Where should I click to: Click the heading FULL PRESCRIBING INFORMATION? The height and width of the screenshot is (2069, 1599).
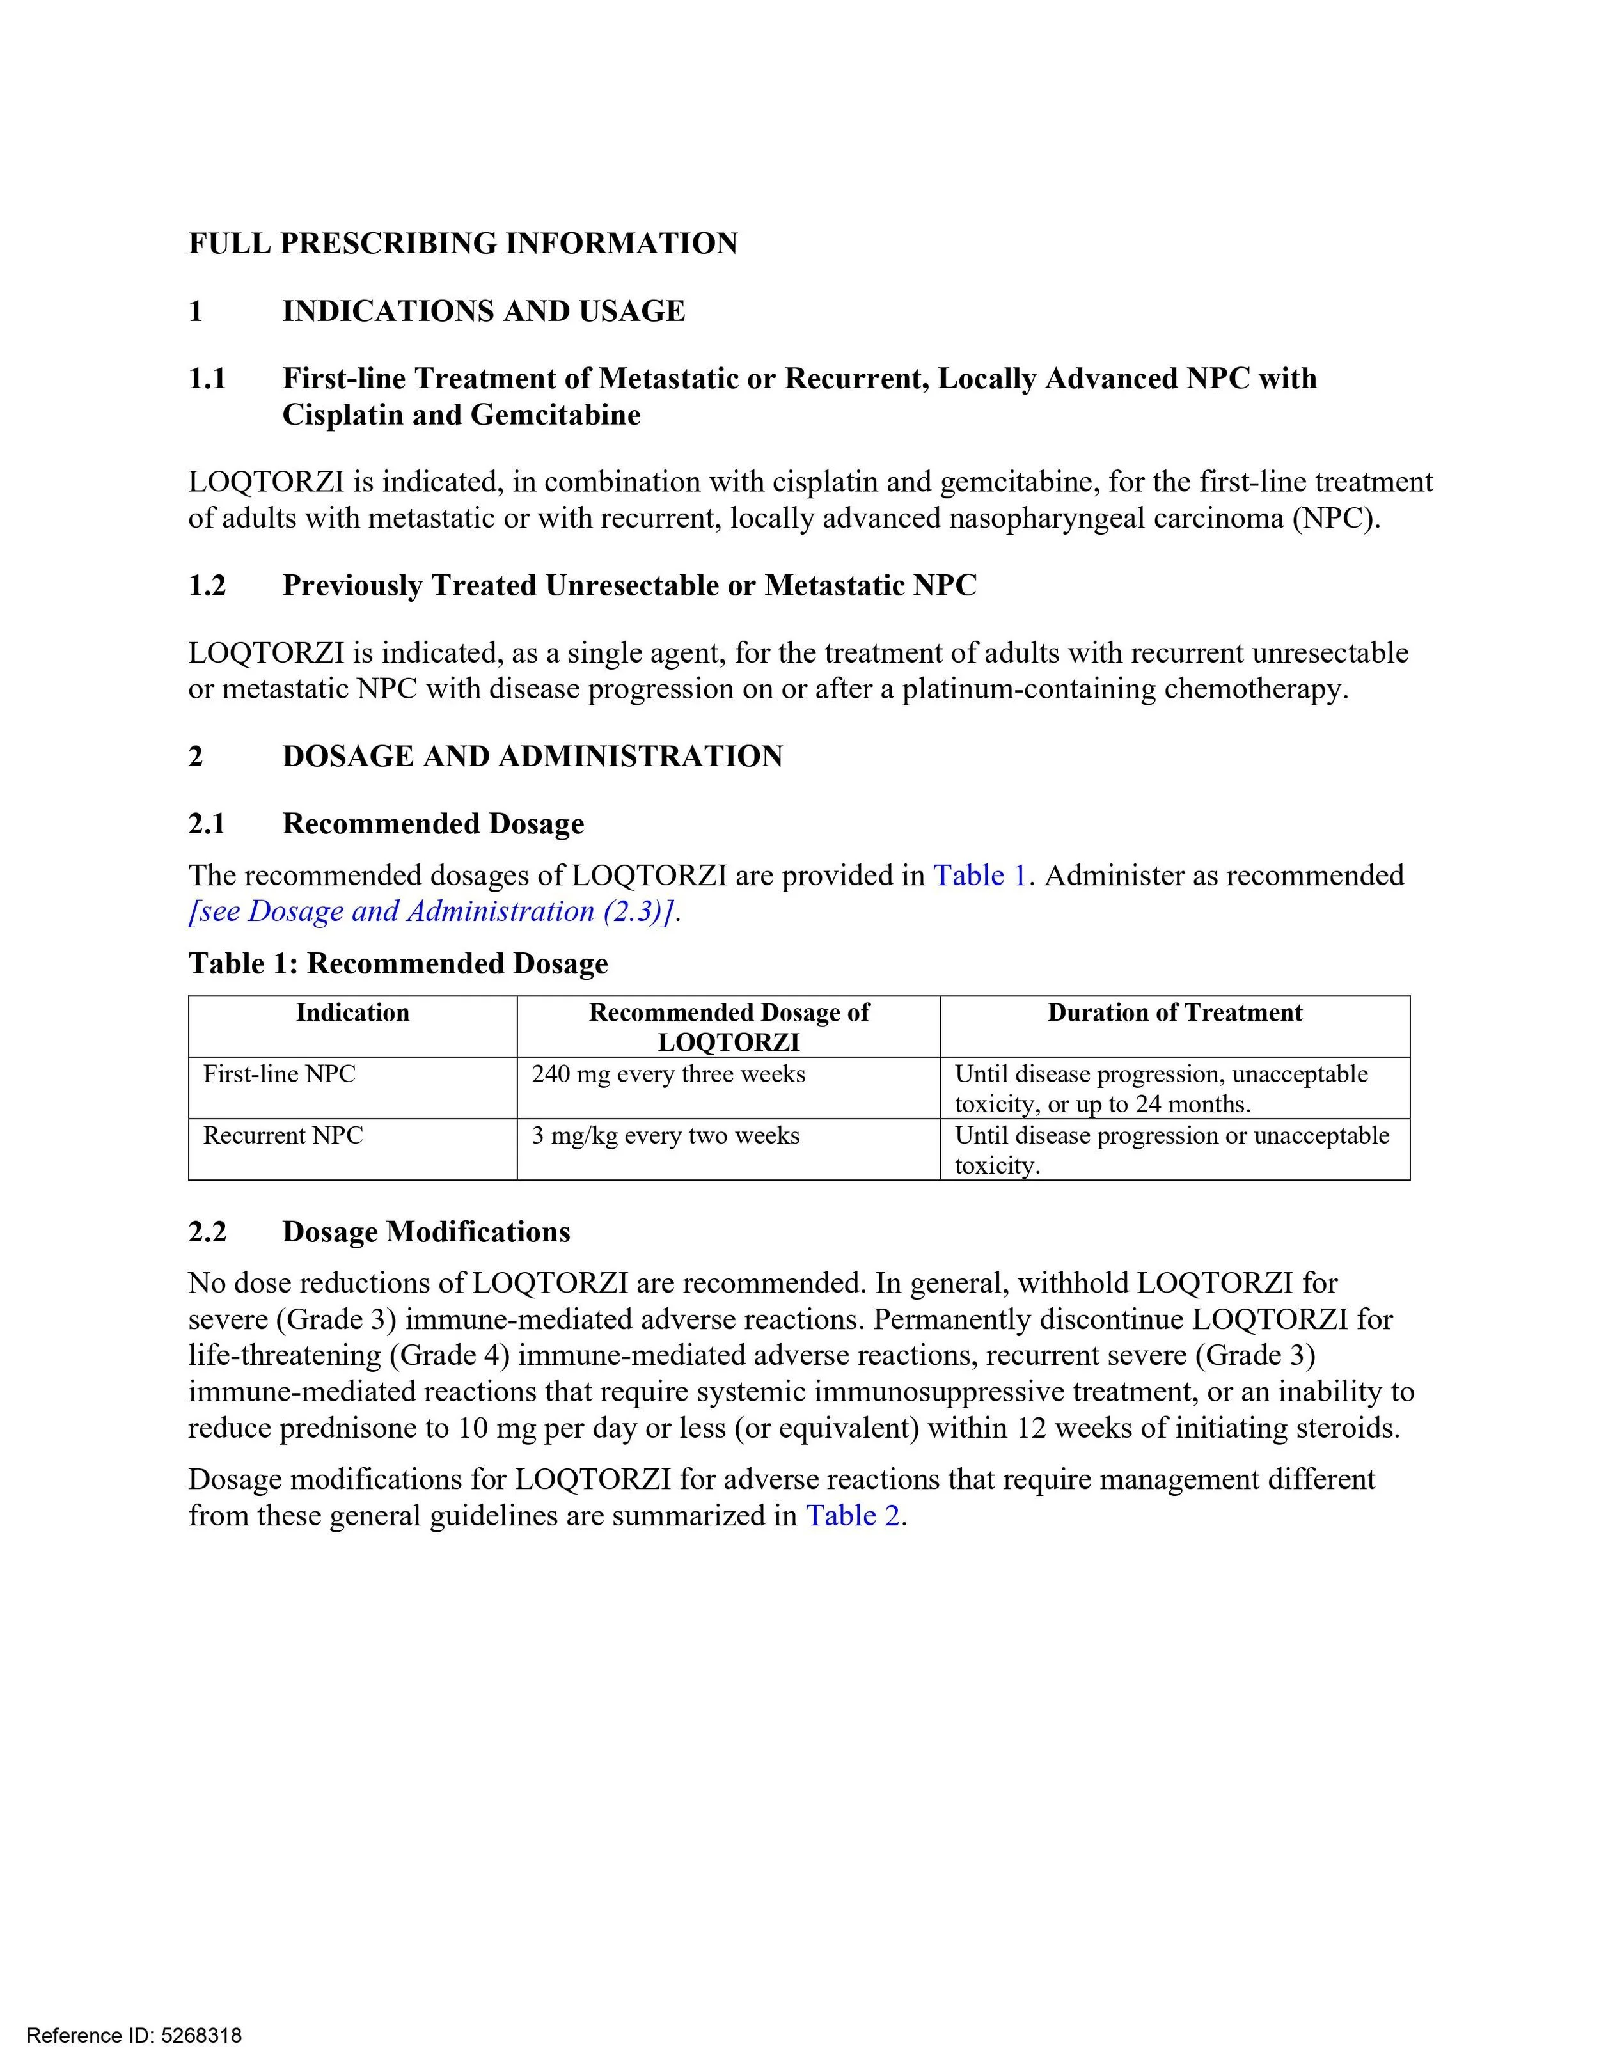coord(462,244)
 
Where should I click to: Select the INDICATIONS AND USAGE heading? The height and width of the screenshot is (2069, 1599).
coord(483,311)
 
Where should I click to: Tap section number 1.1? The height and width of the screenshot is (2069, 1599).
coord(207,379)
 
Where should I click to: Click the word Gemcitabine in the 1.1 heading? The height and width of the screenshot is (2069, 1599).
coord(555,415)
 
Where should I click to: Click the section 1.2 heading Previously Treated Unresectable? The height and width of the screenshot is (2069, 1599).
coord(629,585)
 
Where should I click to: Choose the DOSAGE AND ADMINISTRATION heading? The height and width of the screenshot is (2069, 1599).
coord(532,756)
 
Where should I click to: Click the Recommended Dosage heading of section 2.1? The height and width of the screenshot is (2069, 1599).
coord(433,823)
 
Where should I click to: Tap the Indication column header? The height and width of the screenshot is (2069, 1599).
coord(352,1012)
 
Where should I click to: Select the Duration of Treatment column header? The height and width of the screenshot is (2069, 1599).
coord(1174,1012)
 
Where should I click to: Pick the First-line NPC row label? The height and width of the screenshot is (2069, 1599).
coord(280,1074)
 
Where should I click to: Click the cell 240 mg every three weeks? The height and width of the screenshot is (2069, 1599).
coord(668,1074)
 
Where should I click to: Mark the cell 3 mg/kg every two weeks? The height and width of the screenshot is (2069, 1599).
coord(665,1135)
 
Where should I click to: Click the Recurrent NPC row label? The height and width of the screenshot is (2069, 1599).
coord(283,1135)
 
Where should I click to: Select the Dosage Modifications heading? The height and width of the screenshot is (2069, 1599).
coord(426,1232)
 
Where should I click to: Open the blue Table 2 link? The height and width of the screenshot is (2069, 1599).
coord(851,1516)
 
